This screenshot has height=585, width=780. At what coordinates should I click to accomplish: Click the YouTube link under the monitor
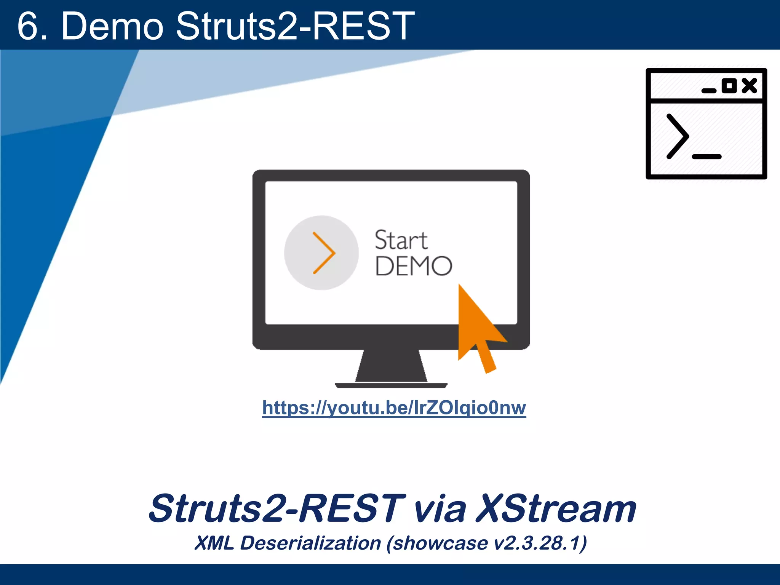click(394, 408)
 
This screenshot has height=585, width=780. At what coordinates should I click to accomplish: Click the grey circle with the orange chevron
click(321, 253)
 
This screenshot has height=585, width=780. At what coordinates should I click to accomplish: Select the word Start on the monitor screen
click(401, 240)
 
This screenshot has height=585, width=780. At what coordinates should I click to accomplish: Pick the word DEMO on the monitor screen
click(414, 266)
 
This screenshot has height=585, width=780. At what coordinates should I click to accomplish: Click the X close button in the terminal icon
click(749, 86)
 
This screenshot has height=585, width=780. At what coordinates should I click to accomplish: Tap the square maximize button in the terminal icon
click(729, 86)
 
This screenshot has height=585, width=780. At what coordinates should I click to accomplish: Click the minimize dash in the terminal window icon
click(709, 91)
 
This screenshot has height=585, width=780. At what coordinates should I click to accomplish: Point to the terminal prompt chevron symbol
click(678, 136)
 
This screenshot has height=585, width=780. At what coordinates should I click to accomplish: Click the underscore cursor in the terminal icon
click(707, 157)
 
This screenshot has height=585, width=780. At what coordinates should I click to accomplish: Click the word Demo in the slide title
click(112, 26)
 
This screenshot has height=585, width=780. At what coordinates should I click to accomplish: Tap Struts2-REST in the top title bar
click(295, 26)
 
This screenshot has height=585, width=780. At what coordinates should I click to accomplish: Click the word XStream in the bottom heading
click(556, 508)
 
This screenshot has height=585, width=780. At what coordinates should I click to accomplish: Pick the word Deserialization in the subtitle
click(310, 543)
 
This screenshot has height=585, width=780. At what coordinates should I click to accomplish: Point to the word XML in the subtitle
click(214, 543)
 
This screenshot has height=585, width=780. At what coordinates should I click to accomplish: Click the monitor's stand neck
click(391, 366)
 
